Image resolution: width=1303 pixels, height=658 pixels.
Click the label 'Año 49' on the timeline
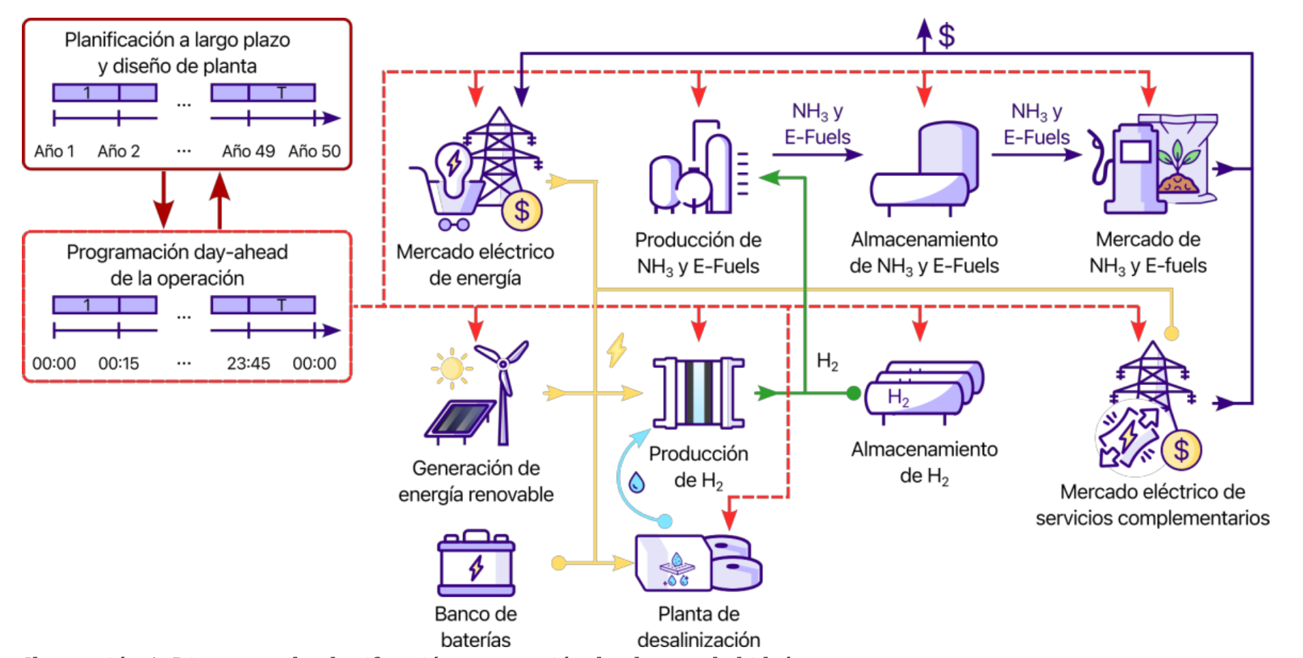(x=248, y=151)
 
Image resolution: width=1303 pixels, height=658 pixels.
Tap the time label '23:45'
(x=248, y=363)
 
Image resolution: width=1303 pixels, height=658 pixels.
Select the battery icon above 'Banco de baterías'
(x=476, y=564)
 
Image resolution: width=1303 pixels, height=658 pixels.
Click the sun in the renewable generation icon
(x=451, y=368)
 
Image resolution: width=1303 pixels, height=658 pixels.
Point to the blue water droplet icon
(x=636, y=483)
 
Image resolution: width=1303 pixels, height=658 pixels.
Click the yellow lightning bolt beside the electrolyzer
(x=617, y=350)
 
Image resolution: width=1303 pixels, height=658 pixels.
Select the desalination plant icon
(x=698, y=563)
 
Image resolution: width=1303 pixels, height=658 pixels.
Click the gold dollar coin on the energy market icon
(x=522, y=212)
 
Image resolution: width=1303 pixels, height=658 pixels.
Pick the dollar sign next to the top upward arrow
(x=947, y=35)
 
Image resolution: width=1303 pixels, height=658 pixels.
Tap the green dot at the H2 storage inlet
(x=853, y=393)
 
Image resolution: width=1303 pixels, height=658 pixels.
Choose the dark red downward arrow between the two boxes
(x=163, y=200)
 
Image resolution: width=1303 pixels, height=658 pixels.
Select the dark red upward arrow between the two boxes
(x=219, y=200)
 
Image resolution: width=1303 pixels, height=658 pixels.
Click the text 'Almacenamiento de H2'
(x=923, y=462)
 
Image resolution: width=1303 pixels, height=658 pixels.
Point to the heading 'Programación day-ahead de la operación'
(x=177, y=265)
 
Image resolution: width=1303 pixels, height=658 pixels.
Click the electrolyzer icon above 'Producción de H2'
(x=698, y=392)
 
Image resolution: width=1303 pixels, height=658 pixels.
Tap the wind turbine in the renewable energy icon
(x=503, y=389)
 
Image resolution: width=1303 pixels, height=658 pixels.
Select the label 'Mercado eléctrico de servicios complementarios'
(x=1151, y=504)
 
